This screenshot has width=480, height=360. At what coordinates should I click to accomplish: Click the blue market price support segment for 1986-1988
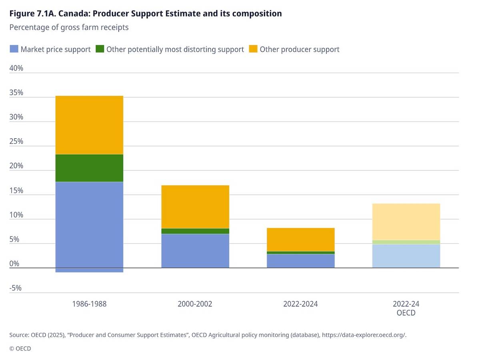point(89,224)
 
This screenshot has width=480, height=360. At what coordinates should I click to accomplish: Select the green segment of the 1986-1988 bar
point(89,168)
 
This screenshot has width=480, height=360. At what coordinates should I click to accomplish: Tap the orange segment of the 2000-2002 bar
point(195,207)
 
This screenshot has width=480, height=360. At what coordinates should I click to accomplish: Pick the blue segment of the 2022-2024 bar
point(301,261)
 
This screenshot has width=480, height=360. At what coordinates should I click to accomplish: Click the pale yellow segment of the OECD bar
point(406,222)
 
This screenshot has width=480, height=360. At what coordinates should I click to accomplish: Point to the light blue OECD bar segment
point(406,256)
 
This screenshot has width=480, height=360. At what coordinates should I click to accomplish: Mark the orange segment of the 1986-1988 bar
point(89,125)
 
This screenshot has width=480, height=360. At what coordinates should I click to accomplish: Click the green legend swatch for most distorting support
point(100,49)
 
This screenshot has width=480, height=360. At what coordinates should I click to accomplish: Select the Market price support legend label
point(56,49)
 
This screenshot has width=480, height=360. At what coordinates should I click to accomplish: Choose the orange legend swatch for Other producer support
point(253,49)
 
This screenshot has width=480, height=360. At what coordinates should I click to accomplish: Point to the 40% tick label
point(16,68)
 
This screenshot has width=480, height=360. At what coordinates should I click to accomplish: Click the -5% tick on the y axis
point(16,288)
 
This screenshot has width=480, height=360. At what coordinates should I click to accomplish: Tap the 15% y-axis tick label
point(16,190)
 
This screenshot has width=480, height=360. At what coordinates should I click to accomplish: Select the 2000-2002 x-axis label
point(195,304)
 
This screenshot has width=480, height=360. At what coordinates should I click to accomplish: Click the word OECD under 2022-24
point(406,313)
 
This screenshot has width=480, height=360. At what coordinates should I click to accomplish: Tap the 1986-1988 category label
point(89,304)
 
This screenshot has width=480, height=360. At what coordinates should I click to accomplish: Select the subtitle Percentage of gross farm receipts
point(69,28)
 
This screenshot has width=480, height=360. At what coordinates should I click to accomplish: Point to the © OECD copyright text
point(20,348)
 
